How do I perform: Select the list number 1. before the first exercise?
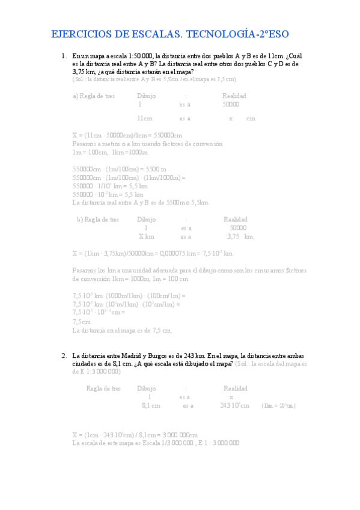(64, 56)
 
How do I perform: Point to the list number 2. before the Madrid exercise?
(64, 355)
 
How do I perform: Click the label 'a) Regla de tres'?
(95, 96)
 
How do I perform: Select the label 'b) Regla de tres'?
(98, 220)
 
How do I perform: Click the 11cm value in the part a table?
(145, 118)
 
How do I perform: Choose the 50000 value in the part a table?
(231, 104)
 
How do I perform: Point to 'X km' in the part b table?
(146, 236)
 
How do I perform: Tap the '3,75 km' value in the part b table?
(240, 236)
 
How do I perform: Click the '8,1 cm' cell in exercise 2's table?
(151, 406)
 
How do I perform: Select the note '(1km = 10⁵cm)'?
(278, 406)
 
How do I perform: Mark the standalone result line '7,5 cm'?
(81, 322)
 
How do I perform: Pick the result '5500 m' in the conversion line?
(156, 169)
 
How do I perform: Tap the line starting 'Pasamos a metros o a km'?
(147, 144)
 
